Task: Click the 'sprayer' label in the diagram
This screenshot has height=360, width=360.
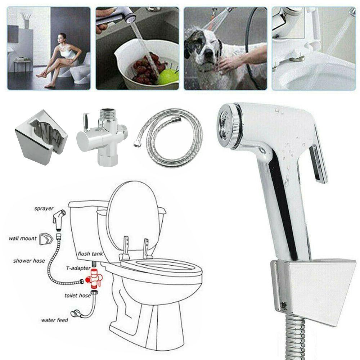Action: pos(44,208)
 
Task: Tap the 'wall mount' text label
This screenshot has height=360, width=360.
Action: pos(23,238)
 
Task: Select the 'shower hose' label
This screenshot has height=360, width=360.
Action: pos(29,261)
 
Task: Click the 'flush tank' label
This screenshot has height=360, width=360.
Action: pos(90,254)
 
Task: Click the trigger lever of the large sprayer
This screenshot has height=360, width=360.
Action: pos(318,162)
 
